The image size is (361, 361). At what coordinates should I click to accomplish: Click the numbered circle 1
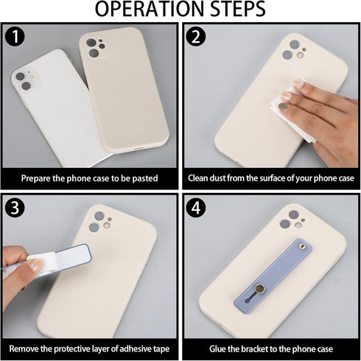[15, 37]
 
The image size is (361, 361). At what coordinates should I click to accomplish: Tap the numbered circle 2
[196, 37]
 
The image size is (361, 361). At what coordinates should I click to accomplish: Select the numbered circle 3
[15, 208]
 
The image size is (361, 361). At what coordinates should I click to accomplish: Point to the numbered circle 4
[196, 208]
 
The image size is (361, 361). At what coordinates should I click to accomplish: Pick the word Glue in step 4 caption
[217, 348]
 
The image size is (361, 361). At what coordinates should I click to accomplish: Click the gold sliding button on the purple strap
[259, 289]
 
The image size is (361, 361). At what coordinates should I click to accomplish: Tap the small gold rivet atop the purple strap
[301, 246]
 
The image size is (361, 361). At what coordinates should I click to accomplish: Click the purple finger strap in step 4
[273, 276]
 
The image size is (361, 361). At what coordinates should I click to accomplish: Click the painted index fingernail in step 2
[283, 107]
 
